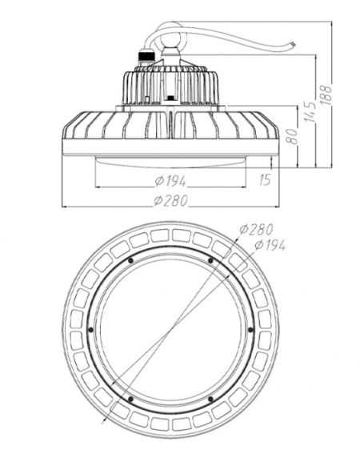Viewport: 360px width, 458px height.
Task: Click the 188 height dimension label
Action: [x=326, y=94]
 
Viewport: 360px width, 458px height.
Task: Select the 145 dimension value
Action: [x=310, y=111]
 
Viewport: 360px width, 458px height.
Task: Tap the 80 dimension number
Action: [x=293, y=136]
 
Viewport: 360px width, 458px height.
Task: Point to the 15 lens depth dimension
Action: [x=265, y=179]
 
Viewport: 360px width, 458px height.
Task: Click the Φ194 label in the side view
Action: [x=170, y=181]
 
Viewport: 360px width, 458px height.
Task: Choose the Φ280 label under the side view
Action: [x=170, y=201]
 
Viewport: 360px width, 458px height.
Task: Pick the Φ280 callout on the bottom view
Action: [x=256, y=229]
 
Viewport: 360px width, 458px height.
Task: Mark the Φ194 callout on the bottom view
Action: [x=270, y=245]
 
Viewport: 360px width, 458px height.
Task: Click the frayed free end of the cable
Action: [x=292, y=44]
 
